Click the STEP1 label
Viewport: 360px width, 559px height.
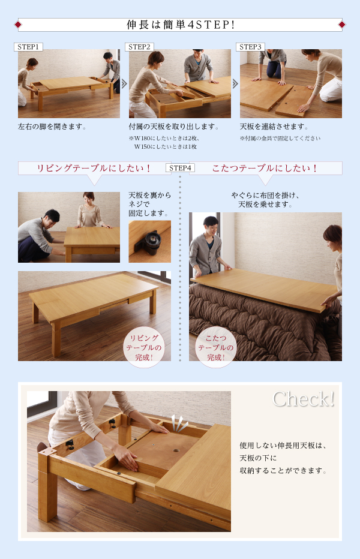coord(28,47)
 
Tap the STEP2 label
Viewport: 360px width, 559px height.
coord(140,47)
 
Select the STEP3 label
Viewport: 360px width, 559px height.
coord(250,47)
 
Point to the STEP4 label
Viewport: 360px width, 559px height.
coord(180,168)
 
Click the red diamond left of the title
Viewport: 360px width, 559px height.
coord(18,25)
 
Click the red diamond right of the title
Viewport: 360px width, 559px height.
coord(342,25)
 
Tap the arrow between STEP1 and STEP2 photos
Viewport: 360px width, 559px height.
coord(124,84)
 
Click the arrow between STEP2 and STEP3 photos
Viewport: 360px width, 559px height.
coord(235,84)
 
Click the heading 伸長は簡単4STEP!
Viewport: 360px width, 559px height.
coord(181,25)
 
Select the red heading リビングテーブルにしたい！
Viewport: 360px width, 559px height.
coord(94,169)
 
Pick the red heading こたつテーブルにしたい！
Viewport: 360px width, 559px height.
coord(265,169)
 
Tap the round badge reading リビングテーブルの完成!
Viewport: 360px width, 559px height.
coord(144,347)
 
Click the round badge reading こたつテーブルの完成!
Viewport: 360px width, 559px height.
coord(216,347)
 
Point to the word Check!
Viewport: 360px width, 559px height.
coord(304,399)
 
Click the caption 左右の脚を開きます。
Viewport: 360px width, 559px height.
coord(52,127)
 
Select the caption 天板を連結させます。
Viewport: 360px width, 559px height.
coord(274,127)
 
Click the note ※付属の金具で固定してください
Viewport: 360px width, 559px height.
coord(280,139)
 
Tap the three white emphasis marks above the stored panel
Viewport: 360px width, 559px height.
coord(179,423)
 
